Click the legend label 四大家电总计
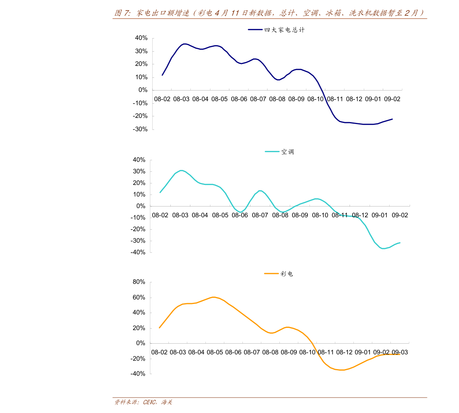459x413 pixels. coord(284,30)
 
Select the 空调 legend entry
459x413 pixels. coord(288,152)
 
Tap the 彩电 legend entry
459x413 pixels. coord(287,274)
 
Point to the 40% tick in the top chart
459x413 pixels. coord(141,38)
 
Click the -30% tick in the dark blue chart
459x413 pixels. coord(140,129)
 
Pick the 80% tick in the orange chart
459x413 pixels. coord(139,282)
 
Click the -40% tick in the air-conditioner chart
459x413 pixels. coord(138,252)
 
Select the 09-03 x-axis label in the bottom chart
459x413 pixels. coord(400,352)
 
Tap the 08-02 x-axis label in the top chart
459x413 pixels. coord(162,99)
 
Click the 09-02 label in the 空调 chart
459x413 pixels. coord(400,215)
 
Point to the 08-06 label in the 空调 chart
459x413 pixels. coord(240,215)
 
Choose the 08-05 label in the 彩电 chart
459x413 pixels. coord(215,352)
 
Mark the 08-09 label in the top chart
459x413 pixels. coord(296,99)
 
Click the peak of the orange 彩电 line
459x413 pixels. coord(213,297)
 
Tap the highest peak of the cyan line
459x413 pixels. coord(181,170)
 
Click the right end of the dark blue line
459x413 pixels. coord(392,119)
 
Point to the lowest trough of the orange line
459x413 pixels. coord(341,370)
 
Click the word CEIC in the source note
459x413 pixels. coord(150,402)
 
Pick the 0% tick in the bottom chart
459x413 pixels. coord(141,343)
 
